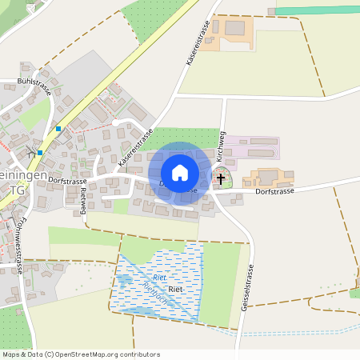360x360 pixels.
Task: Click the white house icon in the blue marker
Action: point(180,172)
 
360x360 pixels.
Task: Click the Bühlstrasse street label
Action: point(34,86)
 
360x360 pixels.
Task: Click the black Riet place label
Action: point(176,288)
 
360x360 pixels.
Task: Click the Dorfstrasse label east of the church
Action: point(275,191)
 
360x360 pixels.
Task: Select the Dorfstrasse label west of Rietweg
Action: point(66,182)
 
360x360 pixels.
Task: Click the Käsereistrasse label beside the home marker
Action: point(134,148)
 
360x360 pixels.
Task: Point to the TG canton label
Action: point(18,190)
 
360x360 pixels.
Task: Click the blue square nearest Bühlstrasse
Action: point(58,128)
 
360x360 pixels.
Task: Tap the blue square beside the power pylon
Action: point(40,152)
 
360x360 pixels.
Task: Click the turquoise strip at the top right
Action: point(316,11)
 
